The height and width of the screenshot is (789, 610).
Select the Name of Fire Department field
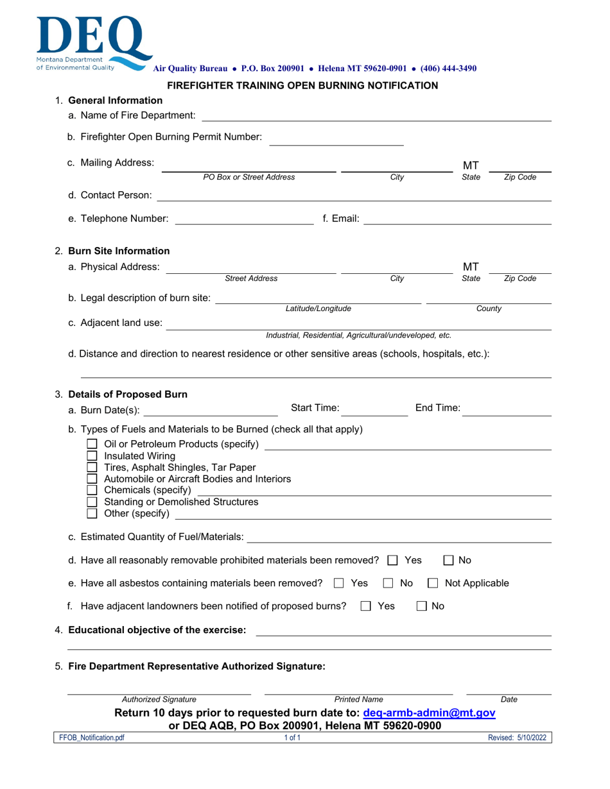[376, 115]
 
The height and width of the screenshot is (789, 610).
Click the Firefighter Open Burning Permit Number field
[336, 138]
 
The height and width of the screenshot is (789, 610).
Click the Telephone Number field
[244, 219]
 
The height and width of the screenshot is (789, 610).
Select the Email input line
[457, 219]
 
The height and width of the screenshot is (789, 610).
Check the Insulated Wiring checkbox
[92, 456]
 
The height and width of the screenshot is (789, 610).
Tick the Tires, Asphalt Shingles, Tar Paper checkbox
[92, 466]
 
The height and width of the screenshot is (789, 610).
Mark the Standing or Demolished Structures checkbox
[92, 501]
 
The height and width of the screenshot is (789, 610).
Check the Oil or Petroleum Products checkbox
[92, 445]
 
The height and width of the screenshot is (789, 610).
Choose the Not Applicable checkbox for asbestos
[433, 583]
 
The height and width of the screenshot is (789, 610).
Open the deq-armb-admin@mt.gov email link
[429, 713]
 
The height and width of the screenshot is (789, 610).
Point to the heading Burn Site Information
[119, 251]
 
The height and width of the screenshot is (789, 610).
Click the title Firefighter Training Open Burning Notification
[302, 85]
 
